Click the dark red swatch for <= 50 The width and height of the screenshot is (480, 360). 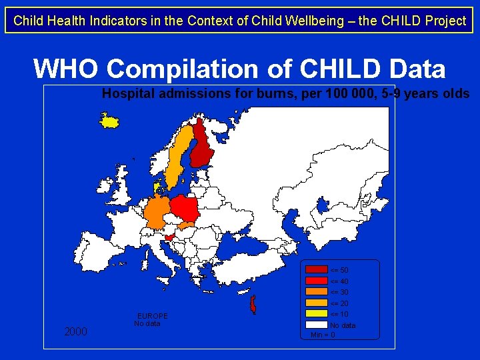pyautogui.click(x=317, y=270)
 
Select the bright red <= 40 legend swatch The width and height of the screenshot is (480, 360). pyautogui.click(x=317, y=281)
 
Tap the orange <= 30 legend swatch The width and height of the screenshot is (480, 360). pyautogui.click(x=317, y=292)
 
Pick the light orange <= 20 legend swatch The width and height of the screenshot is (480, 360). pyautogui.click(x=317, y=303)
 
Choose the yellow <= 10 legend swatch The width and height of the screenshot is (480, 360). pyautogui.click(x=317, y=314)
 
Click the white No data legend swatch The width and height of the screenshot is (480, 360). pyautogui.click(x=317, y=325)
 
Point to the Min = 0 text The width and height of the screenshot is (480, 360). pyautogui.click(x=323, y=335)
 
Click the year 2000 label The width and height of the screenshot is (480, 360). pyautogui.click(x=76, y=331)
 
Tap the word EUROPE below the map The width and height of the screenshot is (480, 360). pyautogui.click(x=153, y=316)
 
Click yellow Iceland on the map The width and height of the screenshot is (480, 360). pyautogui.click(x=108, y=121)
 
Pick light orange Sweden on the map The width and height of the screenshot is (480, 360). pyautogui.click(x=175, y=157)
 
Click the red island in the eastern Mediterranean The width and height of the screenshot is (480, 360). pyautogui.click(x=253, y=305)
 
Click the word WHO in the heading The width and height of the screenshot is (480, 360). pyautogui.click(x=65, y=68)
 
